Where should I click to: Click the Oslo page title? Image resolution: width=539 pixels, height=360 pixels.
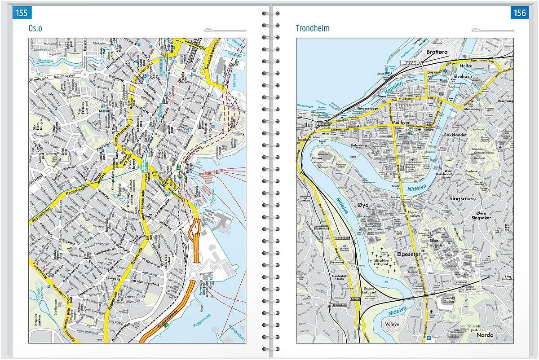35,28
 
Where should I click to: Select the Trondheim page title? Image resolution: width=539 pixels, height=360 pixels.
313,28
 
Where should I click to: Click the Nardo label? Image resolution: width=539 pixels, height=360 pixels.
485,335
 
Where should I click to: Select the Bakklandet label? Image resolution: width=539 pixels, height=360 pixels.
455,134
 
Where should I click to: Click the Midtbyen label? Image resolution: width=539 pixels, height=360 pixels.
401,122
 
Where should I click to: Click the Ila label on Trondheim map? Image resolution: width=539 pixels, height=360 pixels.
307,125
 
